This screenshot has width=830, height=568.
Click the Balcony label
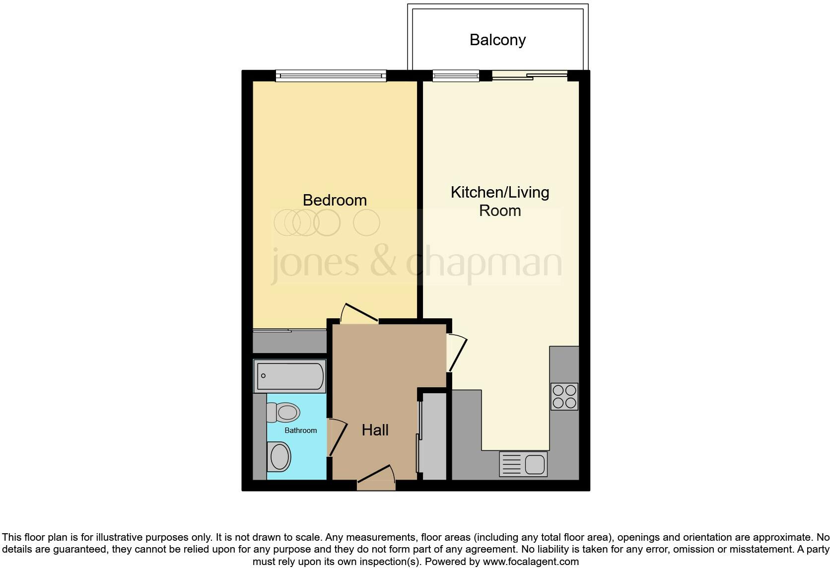coord(497,40)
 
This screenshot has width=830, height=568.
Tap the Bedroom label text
coord(335,200)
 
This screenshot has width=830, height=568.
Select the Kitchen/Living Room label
coord(499,201)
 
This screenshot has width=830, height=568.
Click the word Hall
coord(375,430)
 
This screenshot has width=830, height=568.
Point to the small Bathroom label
coord(300,430)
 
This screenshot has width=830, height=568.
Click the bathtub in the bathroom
coord(289,376)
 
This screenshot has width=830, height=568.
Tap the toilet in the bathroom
coord(283,412)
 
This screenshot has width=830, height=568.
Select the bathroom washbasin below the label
coord(279,457)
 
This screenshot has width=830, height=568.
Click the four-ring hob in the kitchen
coord(564,396)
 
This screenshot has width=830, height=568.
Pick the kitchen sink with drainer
coord(523,464)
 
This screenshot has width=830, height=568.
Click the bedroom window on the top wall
coord(331,76)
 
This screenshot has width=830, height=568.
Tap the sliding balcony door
coord(530,75)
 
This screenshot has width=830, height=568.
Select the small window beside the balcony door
coord(455,75)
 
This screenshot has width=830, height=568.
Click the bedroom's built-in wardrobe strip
coord(289,342)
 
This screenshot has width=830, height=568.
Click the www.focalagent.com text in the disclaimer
coord(530,562)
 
